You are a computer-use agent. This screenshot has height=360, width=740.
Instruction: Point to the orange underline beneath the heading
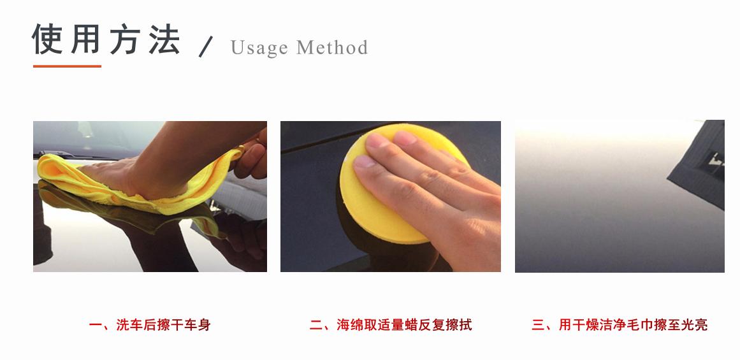tap(67, 66)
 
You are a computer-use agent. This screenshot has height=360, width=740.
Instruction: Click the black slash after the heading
tap(205, 47)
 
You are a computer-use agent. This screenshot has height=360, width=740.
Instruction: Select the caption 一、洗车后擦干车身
tap(150, 325)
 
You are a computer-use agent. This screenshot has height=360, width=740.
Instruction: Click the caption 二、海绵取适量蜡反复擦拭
tap(391, 325)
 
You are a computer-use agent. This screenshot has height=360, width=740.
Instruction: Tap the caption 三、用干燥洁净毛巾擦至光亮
tap(620, 325)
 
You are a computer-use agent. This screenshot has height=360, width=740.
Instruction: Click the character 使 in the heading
tap(48, 40)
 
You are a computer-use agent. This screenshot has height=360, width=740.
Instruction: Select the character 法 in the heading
tap(164, 40)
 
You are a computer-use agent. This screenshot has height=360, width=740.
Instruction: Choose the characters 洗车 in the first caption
tap(131, 325)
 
